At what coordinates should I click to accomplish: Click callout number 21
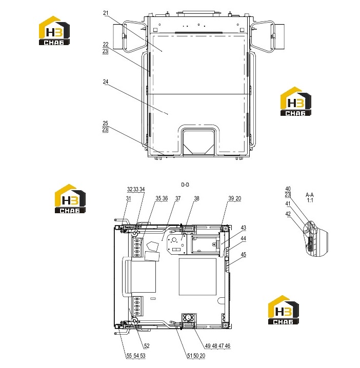(106, 13)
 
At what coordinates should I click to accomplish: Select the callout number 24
(106, 81)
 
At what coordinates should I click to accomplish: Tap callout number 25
(105, 123)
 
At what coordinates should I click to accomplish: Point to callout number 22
(106, 45)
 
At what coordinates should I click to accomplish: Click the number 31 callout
(128, 198)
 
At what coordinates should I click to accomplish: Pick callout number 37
(178, 198)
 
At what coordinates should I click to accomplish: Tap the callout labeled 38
(196, 198)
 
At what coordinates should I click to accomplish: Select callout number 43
(243, 228)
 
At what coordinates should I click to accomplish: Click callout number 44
(243, 238)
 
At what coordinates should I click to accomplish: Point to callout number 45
(243, 255)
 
